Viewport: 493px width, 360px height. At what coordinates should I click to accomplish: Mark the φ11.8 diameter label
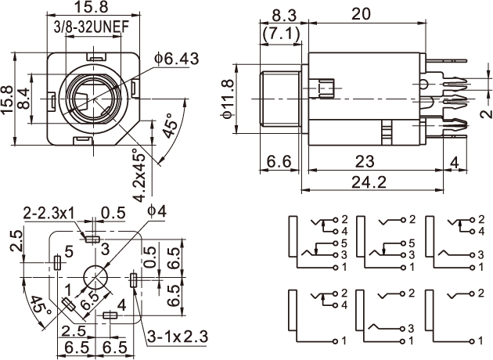[x=229, y=99]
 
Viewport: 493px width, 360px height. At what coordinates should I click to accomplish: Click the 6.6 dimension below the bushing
[x=280, y=160]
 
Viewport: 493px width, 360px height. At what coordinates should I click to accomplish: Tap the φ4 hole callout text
[x=156, y=211]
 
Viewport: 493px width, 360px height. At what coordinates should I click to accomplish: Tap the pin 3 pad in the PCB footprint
[x=92, y=238]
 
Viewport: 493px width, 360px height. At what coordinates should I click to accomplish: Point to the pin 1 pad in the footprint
[x=69, y=304]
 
